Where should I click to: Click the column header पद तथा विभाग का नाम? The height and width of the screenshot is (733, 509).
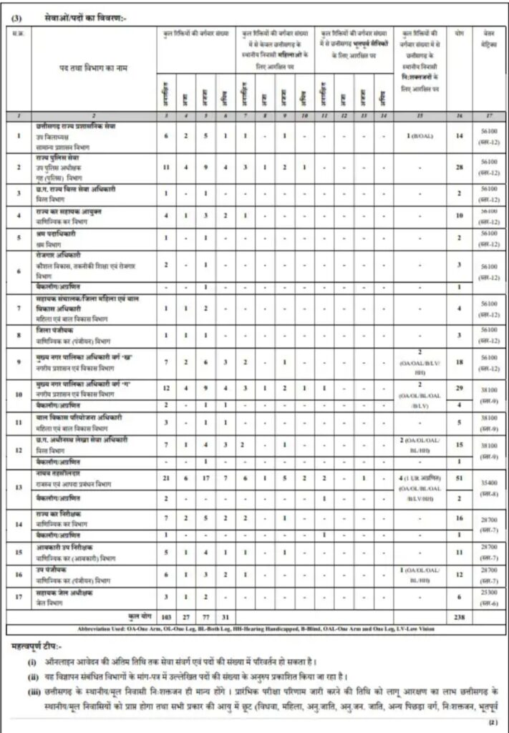tap(94, 67)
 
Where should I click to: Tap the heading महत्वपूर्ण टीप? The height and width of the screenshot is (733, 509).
tap(40, 646)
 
